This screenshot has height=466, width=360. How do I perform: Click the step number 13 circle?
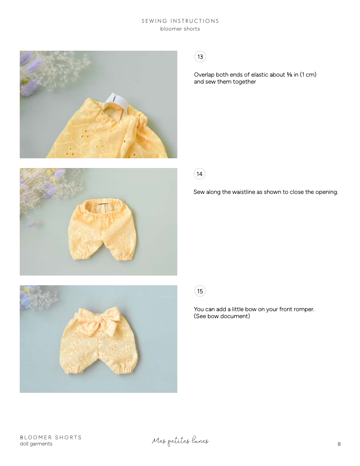pos(200,57)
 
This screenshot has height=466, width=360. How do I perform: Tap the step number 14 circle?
pos(199,174)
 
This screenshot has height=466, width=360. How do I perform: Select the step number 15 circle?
pos(200,291)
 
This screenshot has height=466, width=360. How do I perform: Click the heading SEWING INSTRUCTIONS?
pos(180,21)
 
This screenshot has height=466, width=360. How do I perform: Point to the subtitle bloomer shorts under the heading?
pos(180,29)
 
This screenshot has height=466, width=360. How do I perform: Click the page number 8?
pos(339,444)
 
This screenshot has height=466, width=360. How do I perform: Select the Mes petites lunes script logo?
pos(180,441)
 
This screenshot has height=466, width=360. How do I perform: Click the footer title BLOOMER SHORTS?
pos(51,437)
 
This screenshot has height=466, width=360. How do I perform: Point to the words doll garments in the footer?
pos(36,444)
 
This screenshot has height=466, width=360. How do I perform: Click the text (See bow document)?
pos(222,316)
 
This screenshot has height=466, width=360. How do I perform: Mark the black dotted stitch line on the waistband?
pos(103,204)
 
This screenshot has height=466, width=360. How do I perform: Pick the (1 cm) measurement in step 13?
pos(308,75)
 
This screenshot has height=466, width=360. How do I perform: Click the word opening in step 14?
pos(326,192)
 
